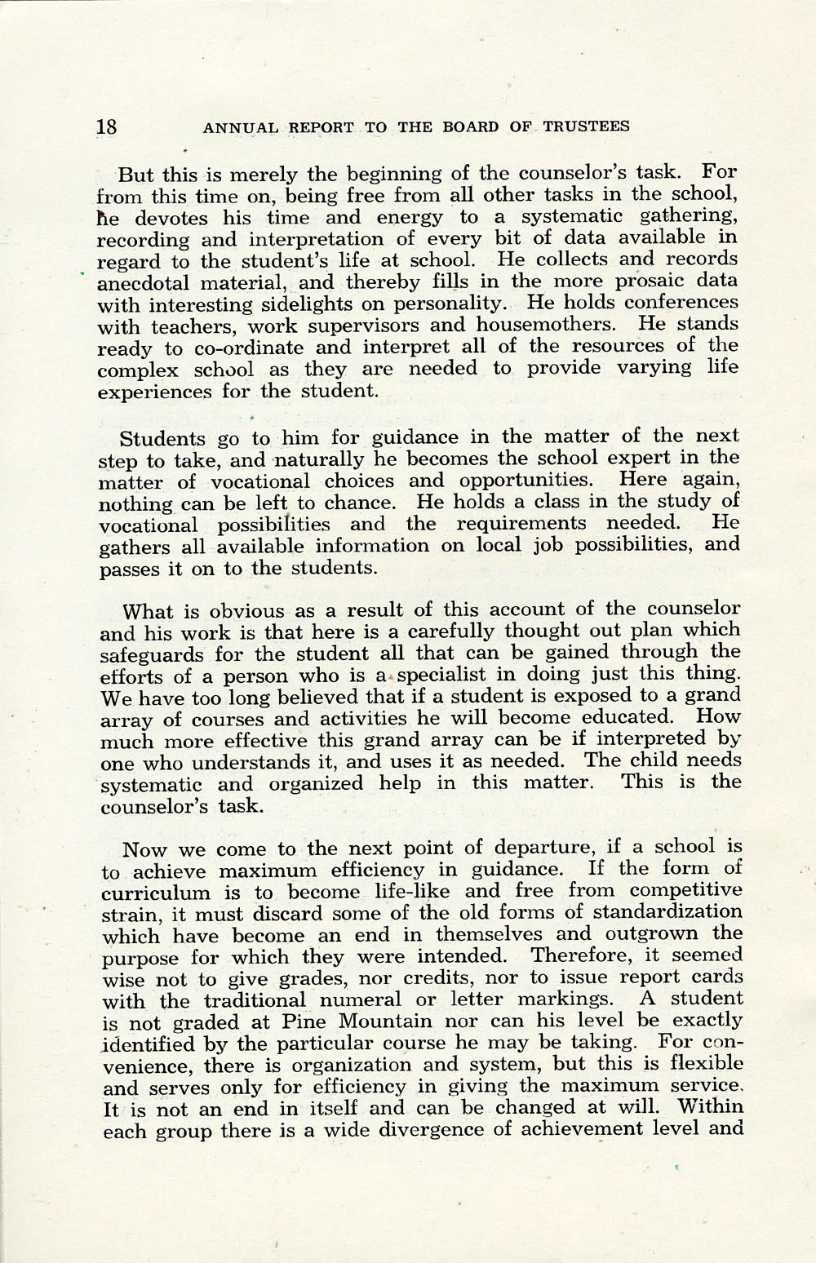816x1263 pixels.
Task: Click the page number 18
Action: point(107,126)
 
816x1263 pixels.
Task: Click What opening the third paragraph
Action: point(147,610)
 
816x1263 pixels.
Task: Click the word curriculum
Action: point(155,892)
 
